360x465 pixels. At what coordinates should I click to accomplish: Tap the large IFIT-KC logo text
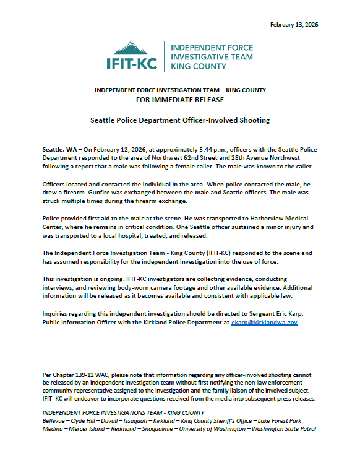click(132, 63)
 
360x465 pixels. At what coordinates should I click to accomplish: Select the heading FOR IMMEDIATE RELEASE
click(180, 98)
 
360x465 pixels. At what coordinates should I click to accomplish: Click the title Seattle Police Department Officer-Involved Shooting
click(180, 120)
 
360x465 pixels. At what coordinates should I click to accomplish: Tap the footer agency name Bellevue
click(55, 420)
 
